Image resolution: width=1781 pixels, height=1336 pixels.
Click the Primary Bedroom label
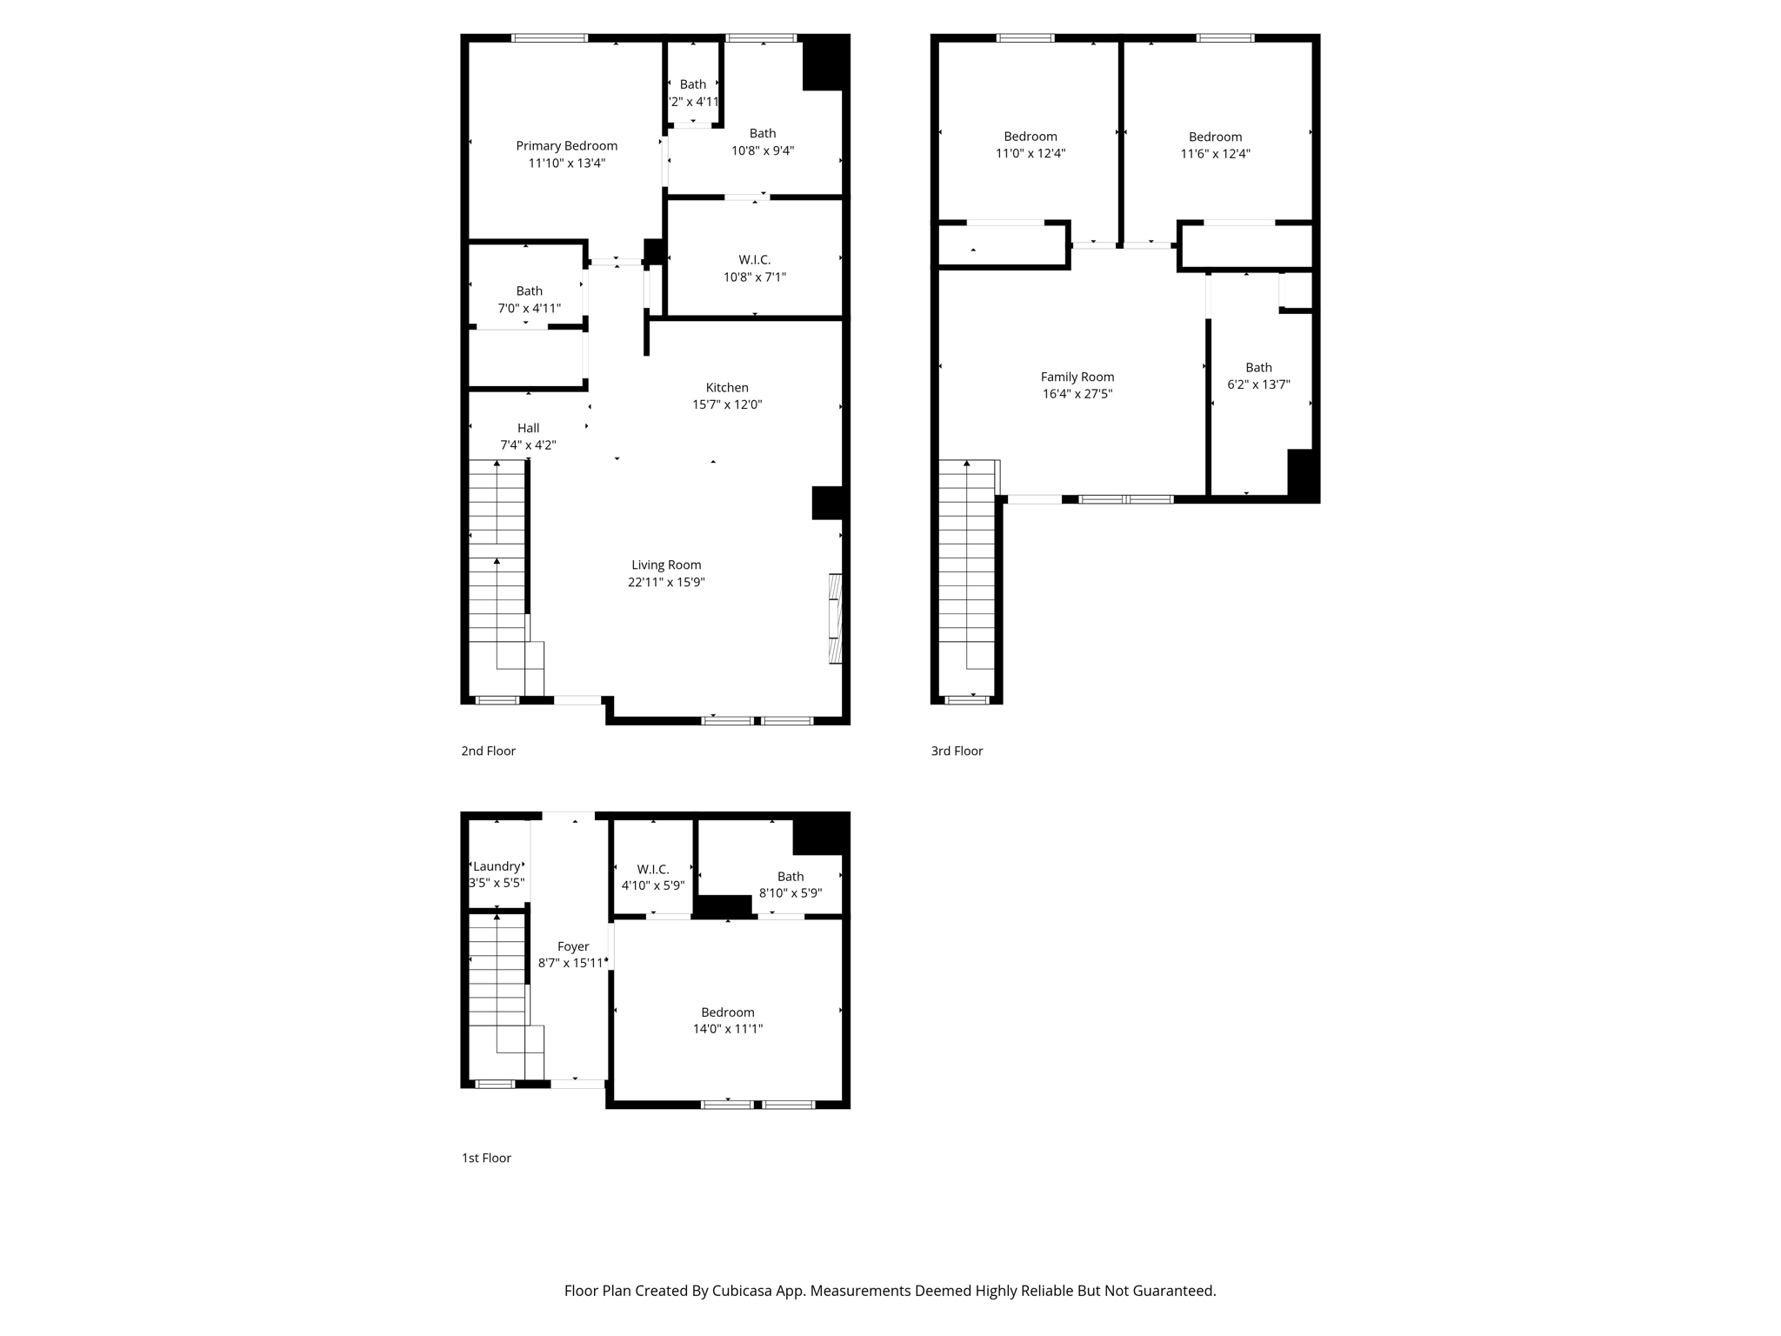[x=566, y=146]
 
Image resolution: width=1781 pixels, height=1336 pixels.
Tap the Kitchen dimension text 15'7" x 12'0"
[x=727, y=404]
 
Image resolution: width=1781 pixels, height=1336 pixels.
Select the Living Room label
[x=666, y=565]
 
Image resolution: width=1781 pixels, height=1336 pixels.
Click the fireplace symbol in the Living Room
[x=836, y=618]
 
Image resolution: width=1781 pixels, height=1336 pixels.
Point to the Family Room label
[x=1077, y=377]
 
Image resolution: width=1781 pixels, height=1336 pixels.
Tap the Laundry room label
[x=497, y=866]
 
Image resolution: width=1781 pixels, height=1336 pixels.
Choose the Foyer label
[x=573, y=946]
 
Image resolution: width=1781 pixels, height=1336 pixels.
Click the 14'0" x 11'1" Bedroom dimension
[x=727, y=1029]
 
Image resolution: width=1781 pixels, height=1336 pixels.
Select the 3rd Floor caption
[x=957, y=751]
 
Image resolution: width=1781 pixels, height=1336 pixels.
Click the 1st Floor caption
[x=486, y=1158]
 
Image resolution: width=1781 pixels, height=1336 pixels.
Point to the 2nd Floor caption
[x=488, y=751]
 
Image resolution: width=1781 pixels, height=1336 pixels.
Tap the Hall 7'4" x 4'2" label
[x=528, y=437]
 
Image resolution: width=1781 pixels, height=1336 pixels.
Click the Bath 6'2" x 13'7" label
[x=1258, y=376]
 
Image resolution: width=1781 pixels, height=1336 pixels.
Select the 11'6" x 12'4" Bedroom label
[x=1215, y=145]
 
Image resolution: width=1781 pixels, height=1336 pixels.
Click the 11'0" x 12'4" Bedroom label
[x=1031, y=144]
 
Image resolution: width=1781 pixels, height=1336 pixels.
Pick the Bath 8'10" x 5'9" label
[x=790, y=885]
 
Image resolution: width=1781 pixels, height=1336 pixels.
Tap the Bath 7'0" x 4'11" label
[x=529, y=300]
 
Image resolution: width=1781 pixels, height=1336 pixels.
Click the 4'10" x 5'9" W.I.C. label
[x=652, y=878]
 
